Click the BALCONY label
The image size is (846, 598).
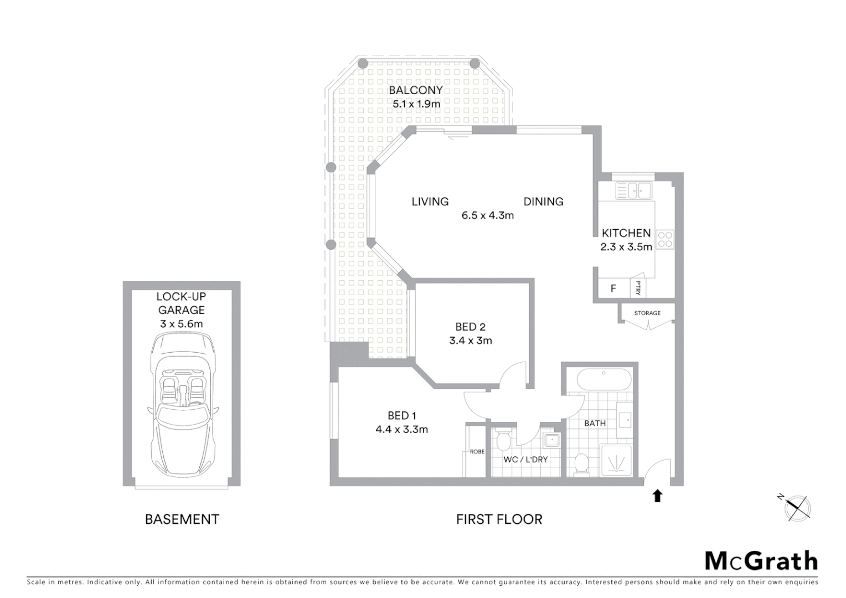coord(415,90)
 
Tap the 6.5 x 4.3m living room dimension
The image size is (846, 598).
coord(487,215)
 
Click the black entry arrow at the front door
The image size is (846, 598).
coord(657,496)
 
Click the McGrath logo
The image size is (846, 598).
coord(761,561)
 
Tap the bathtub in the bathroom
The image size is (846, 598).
coord(603,380)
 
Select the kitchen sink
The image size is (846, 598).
coord(634,191)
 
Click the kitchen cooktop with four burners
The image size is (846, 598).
coord(665,239)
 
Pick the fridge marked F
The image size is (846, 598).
coord(613,288)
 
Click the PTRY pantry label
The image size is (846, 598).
coord(638,288)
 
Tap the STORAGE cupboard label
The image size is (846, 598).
coord(647,313)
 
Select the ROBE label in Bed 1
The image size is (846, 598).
coord(477,452)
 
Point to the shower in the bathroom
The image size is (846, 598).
coord(617,460)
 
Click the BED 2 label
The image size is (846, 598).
coord(470,327)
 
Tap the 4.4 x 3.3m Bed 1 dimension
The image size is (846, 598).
coord(401,429)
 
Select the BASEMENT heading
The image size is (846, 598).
coord(182,519)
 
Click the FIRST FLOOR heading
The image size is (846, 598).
coord(499,519)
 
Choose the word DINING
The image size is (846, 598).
coord(543,202)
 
